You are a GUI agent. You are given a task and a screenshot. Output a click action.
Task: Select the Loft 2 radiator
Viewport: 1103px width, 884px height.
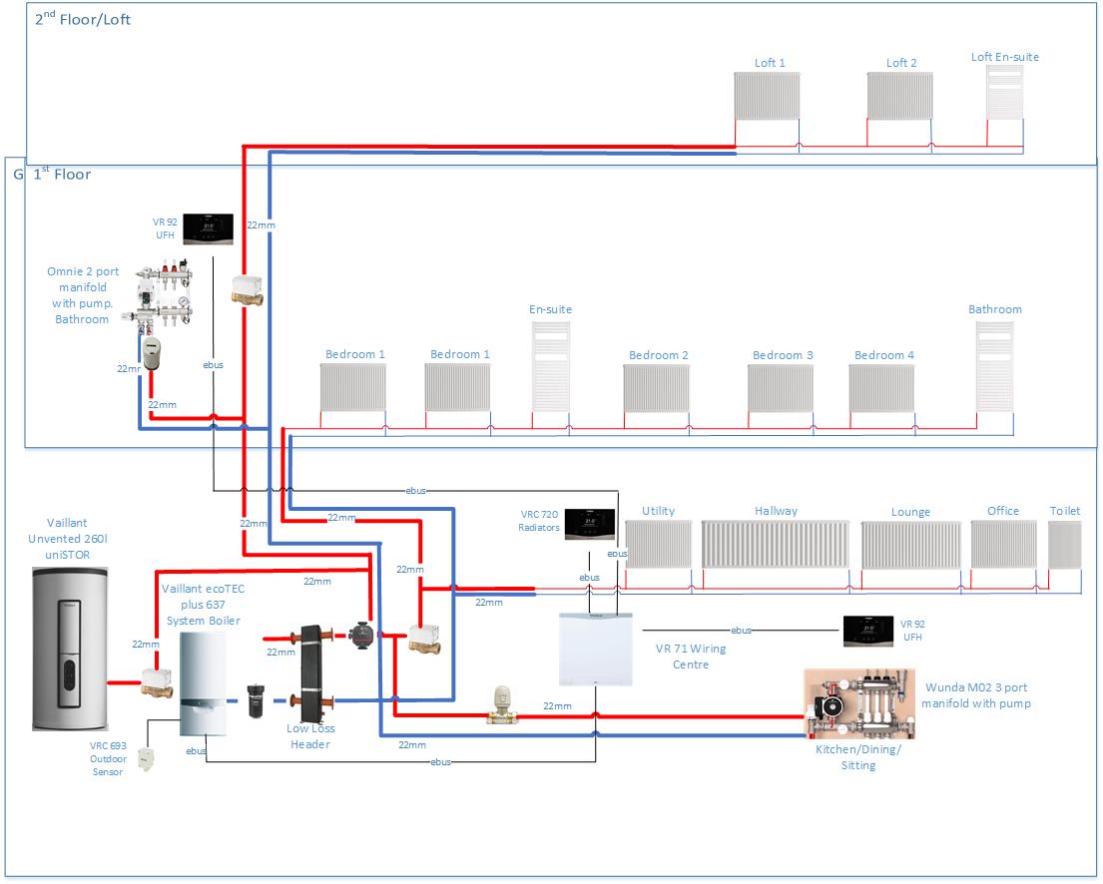(x=899, y=97)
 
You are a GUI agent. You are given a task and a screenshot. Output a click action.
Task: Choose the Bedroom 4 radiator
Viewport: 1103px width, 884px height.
(x=881, y=388)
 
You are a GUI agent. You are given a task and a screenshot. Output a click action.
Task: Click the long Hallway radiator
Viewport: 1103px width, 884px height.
(x=776, y=545)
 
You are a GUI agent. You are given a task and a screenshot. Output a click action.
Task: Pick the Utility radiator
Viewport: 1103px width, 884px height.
(x=658, y=545)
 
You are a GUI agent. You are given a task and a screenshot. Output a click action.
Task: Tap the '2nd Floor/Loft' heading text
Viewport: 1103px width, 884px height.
(x=83, y=19)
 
